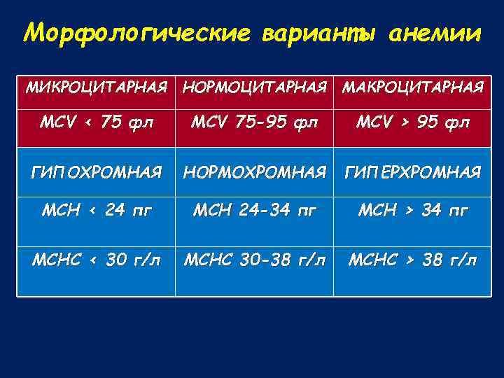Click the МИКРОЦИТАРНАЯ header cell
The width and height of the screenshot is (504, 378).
coord(97,88)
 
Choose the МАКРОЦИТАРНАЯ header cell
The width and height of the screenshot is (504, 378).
coord(412,88)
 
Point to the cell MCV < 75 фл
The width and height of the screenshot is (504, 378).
coord(97,123)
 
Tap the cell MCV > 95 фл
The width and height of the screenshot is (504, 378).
coord(412,123)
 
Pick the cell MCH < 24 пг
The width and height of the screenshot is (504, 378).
coord(97,211)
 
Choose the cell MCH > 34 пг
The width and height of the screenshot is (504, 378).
coord(412,211)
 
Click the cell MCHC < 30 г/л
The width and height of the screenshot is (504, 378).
coord(97,260)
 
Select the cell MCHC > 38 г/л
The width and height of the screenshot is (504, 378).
coord(412,260)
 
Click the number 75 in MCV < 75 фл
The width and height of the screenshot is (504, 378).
coord(111,123)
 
